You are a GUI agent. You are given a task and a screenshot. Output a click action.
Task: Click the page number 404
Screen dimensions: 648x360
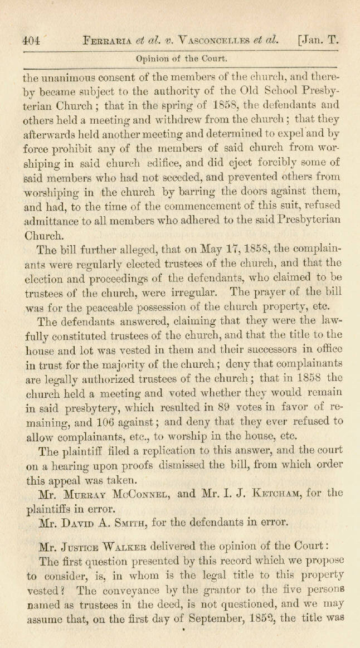(31, 40)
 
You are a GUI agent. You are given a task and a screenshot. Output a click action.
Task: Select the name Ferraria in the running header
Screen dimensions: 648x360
(106, 40)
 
